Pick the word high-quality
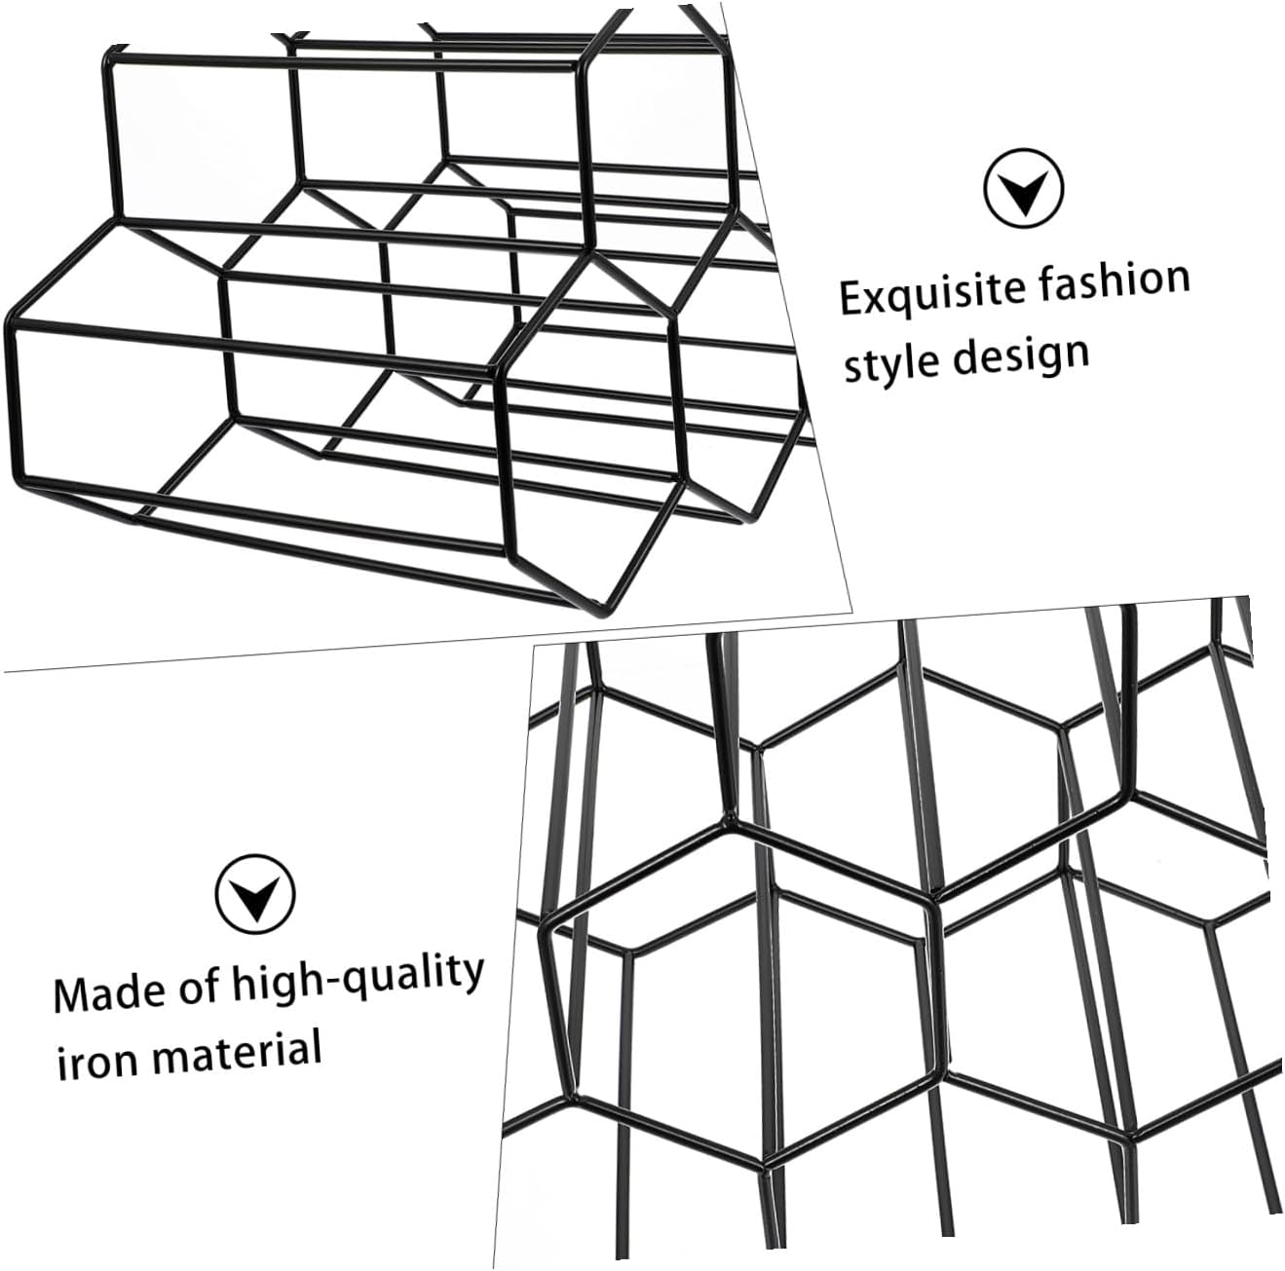pos(357,979)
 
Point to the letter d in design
pos(965,357)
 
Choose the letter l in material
pos(316,1047)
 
